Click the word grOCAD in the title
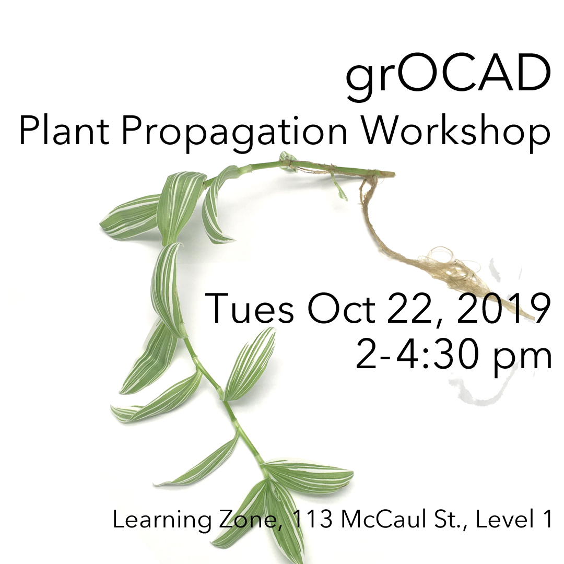pos(448,78)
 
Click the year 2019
pos(503,309)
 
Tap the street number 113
pos(312,519)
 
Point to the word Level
pos(503,519)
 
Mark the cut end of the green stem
pos(394,174)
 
